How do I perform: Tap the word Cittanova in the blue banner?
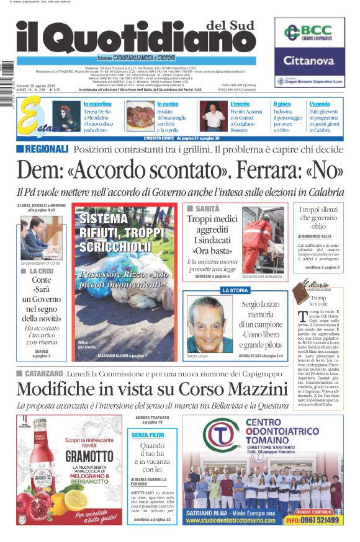[309, 61]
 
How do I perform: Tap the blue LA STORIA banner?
[235, 290]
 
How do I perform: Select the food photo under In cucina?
[140, 116]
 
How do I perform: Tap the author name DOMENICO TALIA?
[322, 236]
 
